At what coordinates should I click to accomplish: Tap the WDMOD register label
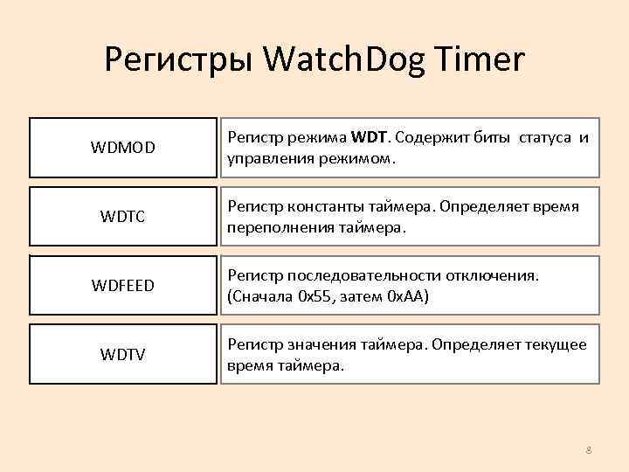[123, 148]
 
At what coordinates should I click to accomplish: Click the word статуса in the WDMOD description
[547, 138]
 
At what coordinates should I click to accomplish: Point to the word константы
[318, 207]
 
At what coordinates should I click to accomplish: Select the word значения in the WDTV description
[314, 345]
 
